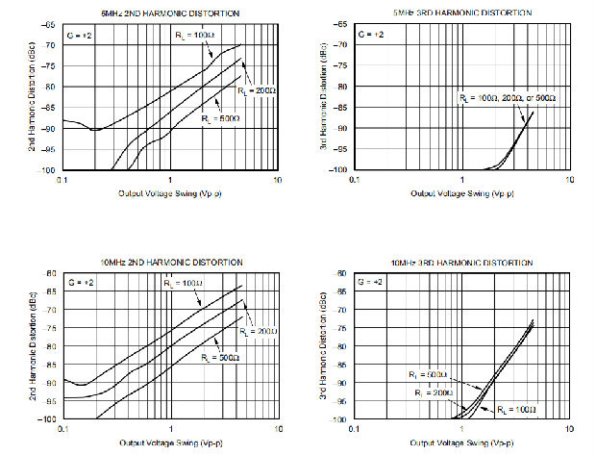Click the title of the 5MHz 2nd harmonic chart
coord(171,13)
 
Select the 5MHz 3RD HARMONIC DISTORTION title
coord(462,13)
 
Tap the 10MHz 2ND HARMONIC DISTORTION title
coord(171,262)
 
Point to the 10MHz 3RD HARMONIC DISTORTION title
coord(462,262)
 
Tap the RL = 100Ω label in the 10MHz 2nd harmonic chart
coord(183,284)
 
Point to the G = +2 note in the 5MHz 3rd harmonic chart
coord(371,34)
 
